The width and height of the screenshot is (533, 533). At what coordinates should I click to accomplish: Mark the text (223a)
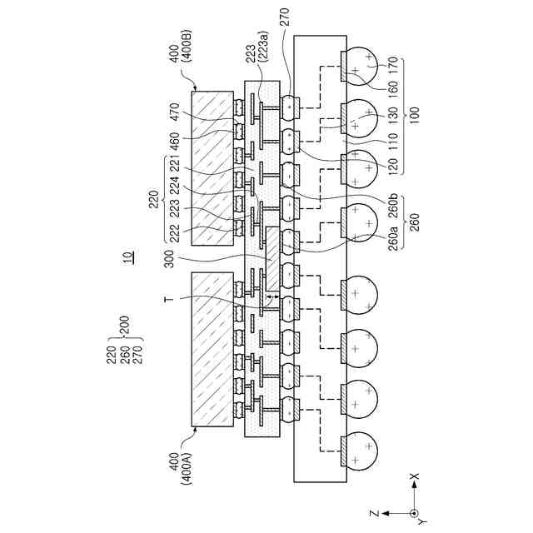263,54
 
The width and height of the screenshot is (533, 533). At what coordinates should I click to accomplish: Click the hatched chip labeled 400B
212,167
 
